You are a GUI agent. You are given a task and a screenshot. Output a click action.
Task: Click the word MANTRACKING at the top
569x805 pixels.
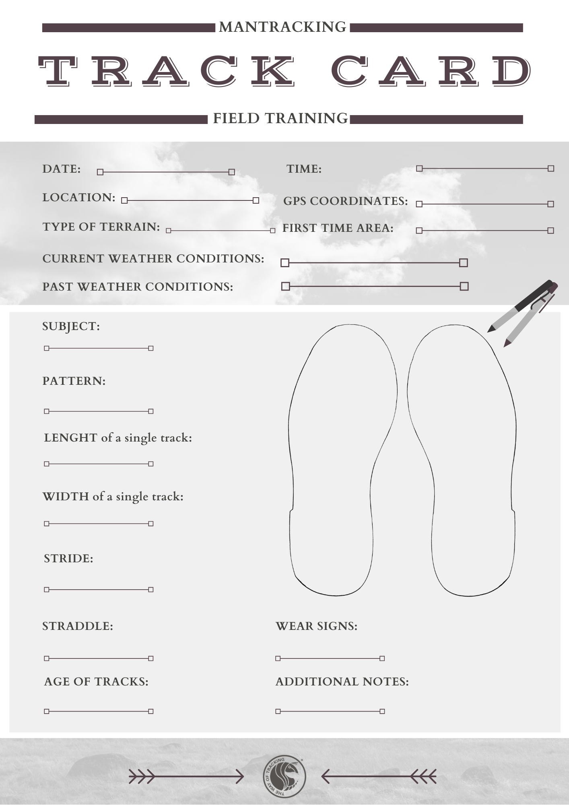pos(282,27)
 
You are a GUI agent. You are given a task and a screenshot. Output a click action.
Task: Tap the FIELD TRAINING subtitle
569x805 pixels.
pos(280,118)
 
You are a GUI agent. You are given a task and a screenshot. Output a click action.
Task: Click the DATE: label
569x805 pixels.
pos(62,169)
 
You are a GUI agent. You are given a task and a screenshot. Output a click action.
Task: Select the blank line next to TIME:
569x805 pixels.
pos(485,168)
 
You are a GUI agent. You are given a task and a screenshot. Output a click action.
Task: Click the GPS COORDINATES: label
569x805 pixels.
pos(346,201)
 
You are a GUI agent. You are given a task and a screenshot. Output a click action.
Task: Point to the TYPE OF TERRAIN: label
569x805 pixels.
pos(101,227)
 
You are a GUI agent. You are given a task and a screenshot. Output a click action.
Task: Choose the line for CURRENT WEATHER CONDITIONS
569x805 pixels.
pos(374,263)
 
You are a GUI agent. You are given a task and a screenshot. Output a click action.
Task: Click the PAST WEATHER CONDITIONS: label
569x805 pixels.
pos(138,287)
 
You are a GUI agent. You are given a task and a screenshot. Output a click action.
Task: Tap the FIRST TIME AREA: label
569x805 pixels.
pos(338,228)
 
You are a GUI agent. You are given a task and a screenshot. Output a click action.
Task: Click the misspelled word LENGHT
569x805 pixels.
pos(71,438)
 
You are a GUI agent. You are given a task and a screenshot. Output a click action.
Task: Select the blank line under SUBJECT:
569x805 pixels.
pos(99,348)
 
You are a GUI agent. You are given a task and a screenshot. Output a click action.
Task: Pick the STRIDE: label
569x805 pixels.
pos(68,559)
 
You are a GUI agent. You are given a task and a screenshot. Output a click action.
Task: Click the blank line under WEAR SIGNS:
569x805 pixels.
pos(330,658)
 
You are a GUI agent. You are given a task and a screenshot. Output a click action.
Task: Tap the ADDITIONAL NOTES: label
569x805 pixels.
pos(342,682)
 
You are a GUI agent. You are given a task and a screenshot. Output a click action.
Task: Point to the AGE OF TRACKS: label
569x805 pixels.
pos(96,682)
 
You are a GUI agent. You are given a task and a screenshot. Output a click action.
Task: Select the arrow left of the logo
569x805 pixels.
pos(186,776)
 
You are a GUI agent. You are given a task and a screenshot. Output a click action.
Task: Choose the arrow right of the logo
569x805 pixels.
pos(379,776)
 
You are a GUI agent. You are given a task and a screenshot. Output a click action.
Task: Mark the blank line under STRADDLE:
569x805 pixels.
pos(99,658)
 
